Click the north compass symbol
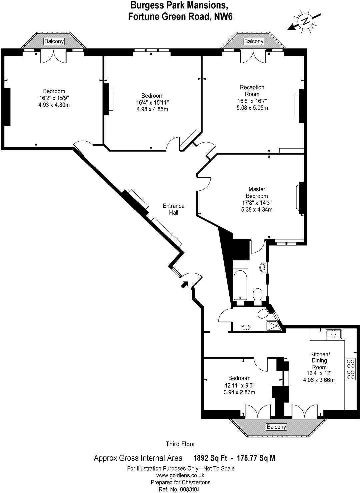point(305,21)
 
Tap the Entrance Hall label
point(174,209)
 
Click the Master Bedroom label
point(257,192)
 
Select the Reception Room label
point(252,91)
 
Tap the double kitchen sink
point(334,334)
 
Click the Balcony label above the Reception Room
point(254,41)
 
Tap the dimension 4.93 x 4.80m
point(54,105)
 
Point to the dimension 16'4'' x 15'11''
point(152,102)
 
